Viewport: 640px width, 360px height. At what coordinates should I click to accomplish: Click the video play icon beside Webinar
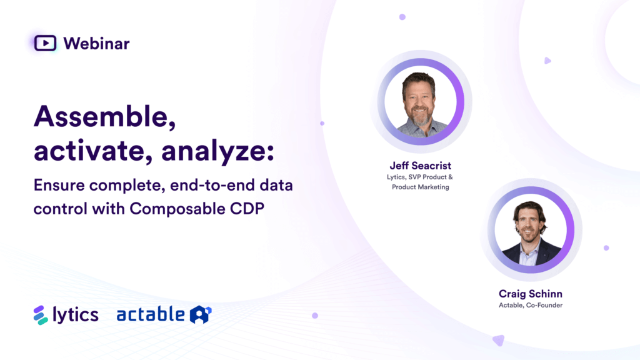45,43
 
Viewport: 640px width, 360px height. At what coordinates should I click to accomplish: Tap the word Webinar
96,43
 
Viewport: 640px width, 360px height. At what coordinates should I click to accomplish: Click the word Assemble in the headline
104,117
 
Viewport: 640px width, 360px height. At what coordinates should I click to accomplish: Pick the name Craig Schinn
531,294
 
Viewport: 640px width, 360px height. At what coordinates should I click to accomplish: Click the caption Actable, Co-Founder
531,306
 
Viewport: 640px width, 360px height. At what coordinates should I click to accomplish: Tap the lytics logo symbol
41,314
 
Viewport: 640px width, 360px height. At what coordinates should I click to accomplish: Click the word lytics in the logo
76,314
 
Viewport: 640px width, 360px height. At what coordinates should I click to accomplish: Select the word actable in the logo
151,314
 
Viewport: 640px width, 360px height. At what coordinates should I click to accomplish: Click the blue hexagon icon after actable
201,314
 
